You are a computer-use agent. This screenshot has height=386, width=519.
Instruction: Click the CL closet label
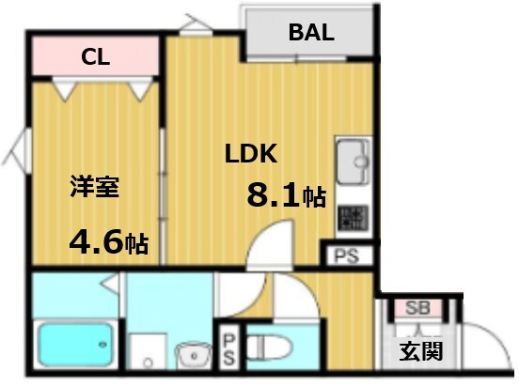tap(96, 57)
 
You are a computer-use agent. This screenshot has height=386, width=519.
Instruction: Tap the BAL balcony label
tap(310, 33)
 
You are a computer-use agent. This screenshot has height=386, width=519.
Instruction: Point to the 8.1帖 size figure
tap(286, 195)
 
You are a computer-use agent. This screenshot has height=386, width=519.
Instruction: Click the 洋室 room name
tap(93, 186)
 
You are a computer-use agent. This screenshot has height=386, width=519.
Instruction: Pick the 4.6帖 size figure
tap(108, 243)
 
